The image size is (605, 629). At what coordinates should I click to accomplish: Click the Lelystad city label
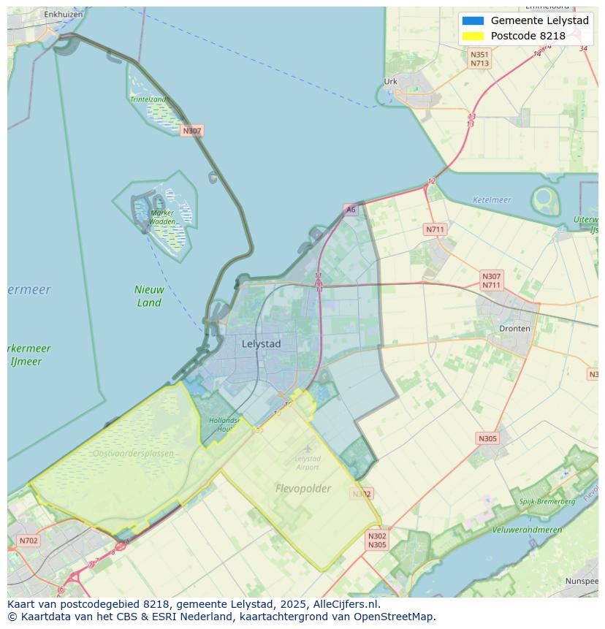tap(262, 343)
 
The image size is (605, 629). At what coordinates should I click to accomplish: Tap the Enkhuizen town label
tap(63, 14)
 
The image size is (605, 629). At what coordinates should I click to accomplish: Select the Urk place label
tap(391, 82)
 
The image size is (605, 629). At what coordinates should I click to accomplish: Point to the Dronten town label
tap(514, 329)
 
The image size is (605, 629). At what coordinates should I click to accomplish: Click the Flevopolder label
tap(303, 488)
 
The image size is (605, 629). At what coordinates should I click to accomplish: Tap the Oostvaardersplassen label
tap(134, 454)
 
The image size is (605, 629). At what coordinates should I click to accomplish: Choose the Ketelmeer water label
tap(492, 199)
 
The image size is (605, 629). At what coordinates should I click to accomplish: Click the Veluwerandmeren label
tap(527, 530)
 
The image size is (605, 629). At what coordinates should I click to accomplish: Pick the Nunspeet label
tap(582, 582)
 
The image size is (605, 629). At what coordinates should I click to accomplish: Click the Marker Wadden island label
tap(162, 217)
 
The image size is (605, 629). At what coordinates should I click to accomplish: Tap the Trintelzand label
tap(148, 99)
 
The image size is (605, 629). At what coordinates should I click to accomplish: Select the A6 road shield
tap(351, 210)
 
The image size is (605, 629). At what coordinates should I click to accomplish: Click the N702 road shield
tap(28, 541)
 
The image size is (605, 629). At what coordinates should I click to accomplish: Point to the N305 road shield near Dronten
tap(487, 438)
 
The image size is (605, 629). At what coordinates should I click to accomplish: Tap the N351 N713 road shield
tap(479, 59)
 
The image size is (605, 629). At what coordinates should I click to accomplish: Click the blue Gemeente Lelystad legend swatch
tap(473, 20)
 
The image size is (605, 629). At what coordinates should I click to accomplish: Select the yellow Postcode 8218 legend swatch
tap(473, 36)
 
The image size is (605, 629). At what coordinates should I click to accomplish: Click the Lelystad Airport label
tap(308, 462)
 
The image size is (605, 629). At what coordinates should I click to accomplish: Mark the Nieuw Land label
tap(148, 296)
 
